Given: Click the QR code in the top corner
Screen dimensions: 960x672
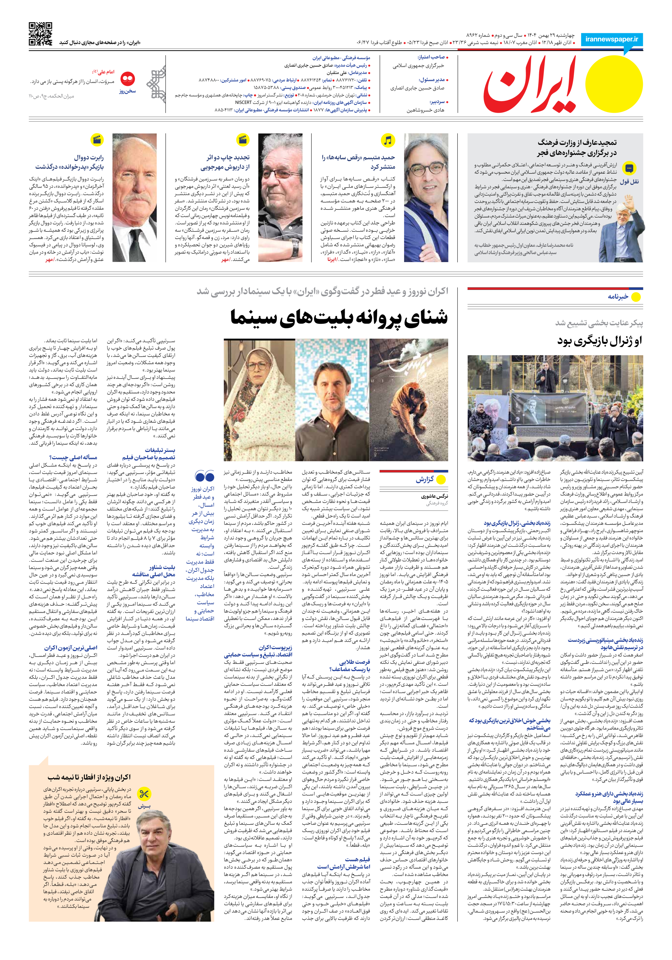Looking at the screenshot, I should pyautogui.click(x=41, y=34).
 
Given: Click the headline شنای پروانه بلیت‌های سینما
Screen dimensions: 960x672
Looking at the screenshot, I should pyautogui.click(x=339, y=317).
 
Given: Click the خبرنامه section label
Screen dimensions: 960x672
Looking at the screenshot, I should pyautogui.click(x=618, y=297).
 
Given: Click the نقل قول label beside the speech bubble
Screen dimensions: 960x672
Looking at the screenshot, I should pyautogui.click(x=629, y=182).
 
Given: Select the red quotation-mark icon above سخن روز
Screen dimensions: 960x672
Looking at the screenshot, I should pyautogui.click(x=127, y=78).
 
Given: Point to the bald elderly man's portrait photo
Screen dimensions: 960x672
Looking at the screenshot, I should pyautogui.click(x=134, y=197).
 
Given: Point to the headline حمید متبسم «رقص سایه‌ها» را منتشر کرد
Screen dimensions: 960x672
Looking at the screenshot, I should pyautogui.click(x=358, y=162).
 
